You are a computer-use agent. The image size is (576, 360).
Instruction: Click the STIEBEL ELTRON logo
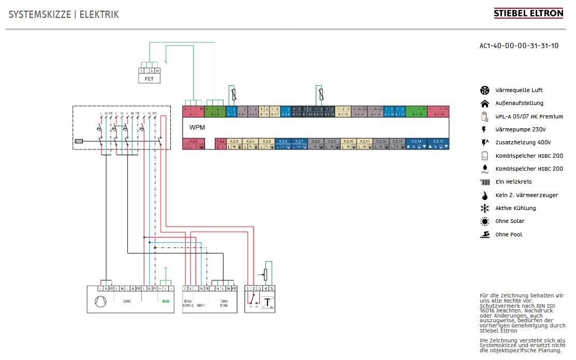(528, 13)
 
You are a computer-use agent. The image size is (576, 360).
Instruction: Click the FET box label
(149, 79)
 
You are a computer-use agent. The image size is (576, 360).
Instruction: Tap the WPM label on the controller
(196, 127)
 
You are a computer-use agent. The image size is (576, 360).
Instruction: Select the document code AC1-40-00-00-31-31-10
(519, 46)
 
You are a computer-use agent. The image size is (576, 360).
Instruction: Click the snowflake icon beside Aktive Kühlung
(484, 208)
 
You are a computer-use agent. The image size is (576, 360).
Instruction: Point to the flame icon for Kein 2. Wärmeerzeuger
(484, 196)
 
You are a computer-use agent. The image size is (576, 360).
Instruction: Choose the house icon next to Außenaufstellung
(484, 103)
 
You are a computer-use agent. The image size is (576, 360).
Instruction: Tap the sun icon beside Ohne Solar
(484, 221)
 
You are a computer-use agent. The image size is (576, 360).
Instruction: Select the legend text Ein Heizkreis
(513, 182)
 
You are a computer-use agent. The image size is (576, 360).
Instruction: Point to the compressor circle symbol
(100, 301)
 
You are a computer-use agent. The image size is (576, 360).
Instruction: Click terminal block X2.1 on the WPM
(194, 143)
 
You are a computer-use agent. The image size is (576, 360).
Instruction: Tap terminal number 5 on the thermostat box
(271, 288)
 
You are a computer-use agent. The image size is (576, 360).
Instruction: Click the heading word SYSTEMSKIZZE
(39, 14)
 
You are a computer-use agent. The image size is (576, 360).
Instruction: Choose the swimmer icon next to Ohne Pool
(484, 234)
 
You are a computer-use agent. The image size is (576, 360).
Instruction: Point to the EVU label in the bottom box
(187, 301)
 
